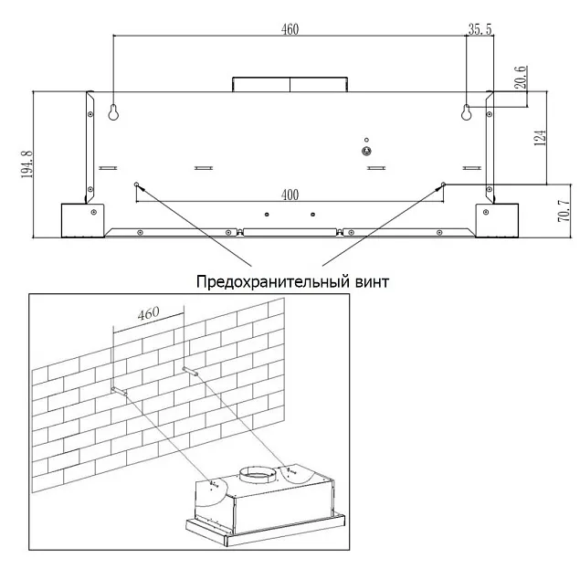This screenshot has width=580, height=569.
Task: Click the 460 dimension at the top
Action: (290, 29)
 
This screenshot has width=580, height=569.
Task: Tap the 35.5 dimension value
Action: (480, 29)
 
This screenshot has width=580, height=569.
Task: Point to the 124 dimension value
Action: (540, 137)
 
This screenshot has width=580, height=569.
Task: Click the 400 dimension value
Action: (290, 195)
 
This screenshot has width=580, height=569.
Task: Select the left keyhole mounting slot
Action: (114, 111)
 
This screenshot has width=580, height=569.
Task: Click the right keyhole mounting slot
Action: (466, 112)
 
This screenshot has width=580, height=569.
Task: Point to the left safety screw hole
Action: (137, 184)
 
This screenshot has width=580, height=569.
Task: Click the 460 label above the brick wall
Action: (147, 313)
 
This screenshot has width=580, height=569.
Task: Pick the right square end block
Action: (496, 219)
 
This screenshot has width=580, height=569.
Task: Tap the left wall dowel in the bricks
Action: (117, 390)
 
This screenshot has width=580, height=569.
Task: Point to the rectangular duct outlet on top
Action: (290, 84)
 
